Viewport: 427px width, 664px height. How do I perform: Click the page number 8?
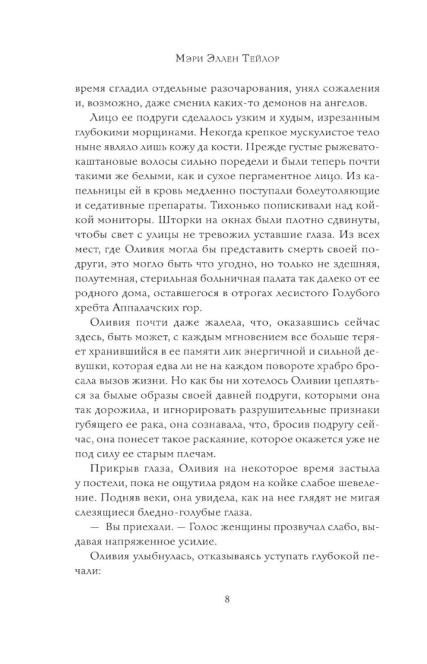click(x=227, y=599)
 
